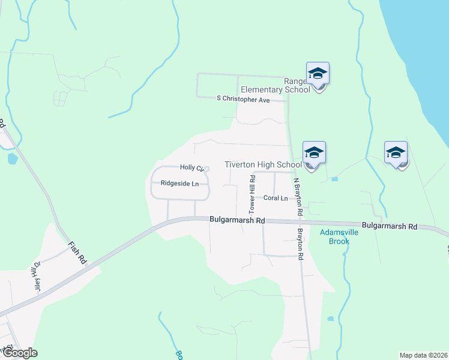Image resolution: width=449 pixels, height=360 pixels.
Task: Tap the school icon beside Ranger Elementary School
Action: coord(318,74)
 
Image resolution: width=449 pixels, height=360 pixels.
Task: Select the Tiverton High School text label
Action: coord(263,164)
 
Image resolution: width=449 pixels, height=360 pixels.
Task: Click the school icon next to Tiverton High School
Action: coord(314,154)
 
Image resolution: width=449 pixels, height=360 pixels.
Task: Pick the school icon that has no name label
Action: coord(396,153)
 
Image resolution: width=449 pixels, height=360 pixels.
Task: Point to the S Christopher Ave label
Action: coord(243,100)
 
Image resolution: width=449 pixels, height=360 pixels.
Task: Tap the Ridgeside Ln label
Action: coord(179,184)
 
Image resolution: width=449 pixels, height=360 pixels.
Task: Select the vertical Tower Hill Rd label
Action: coord(252,194)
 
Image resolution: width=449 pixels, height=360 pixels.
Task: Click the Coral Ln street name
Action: coord(276,198)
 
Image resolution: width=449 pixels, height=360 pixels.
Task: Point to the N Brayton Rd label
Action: coord(297,197)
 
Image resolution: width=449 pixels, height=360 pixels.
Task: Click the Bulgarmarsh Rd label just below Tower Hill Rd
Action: coord(237,220)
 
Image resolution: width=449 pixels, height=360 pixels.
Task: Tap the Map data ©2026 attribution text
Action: coord(423,355)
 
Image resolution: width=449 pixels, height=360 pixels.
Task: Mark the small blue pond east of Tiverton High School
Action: coord(334,179)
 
